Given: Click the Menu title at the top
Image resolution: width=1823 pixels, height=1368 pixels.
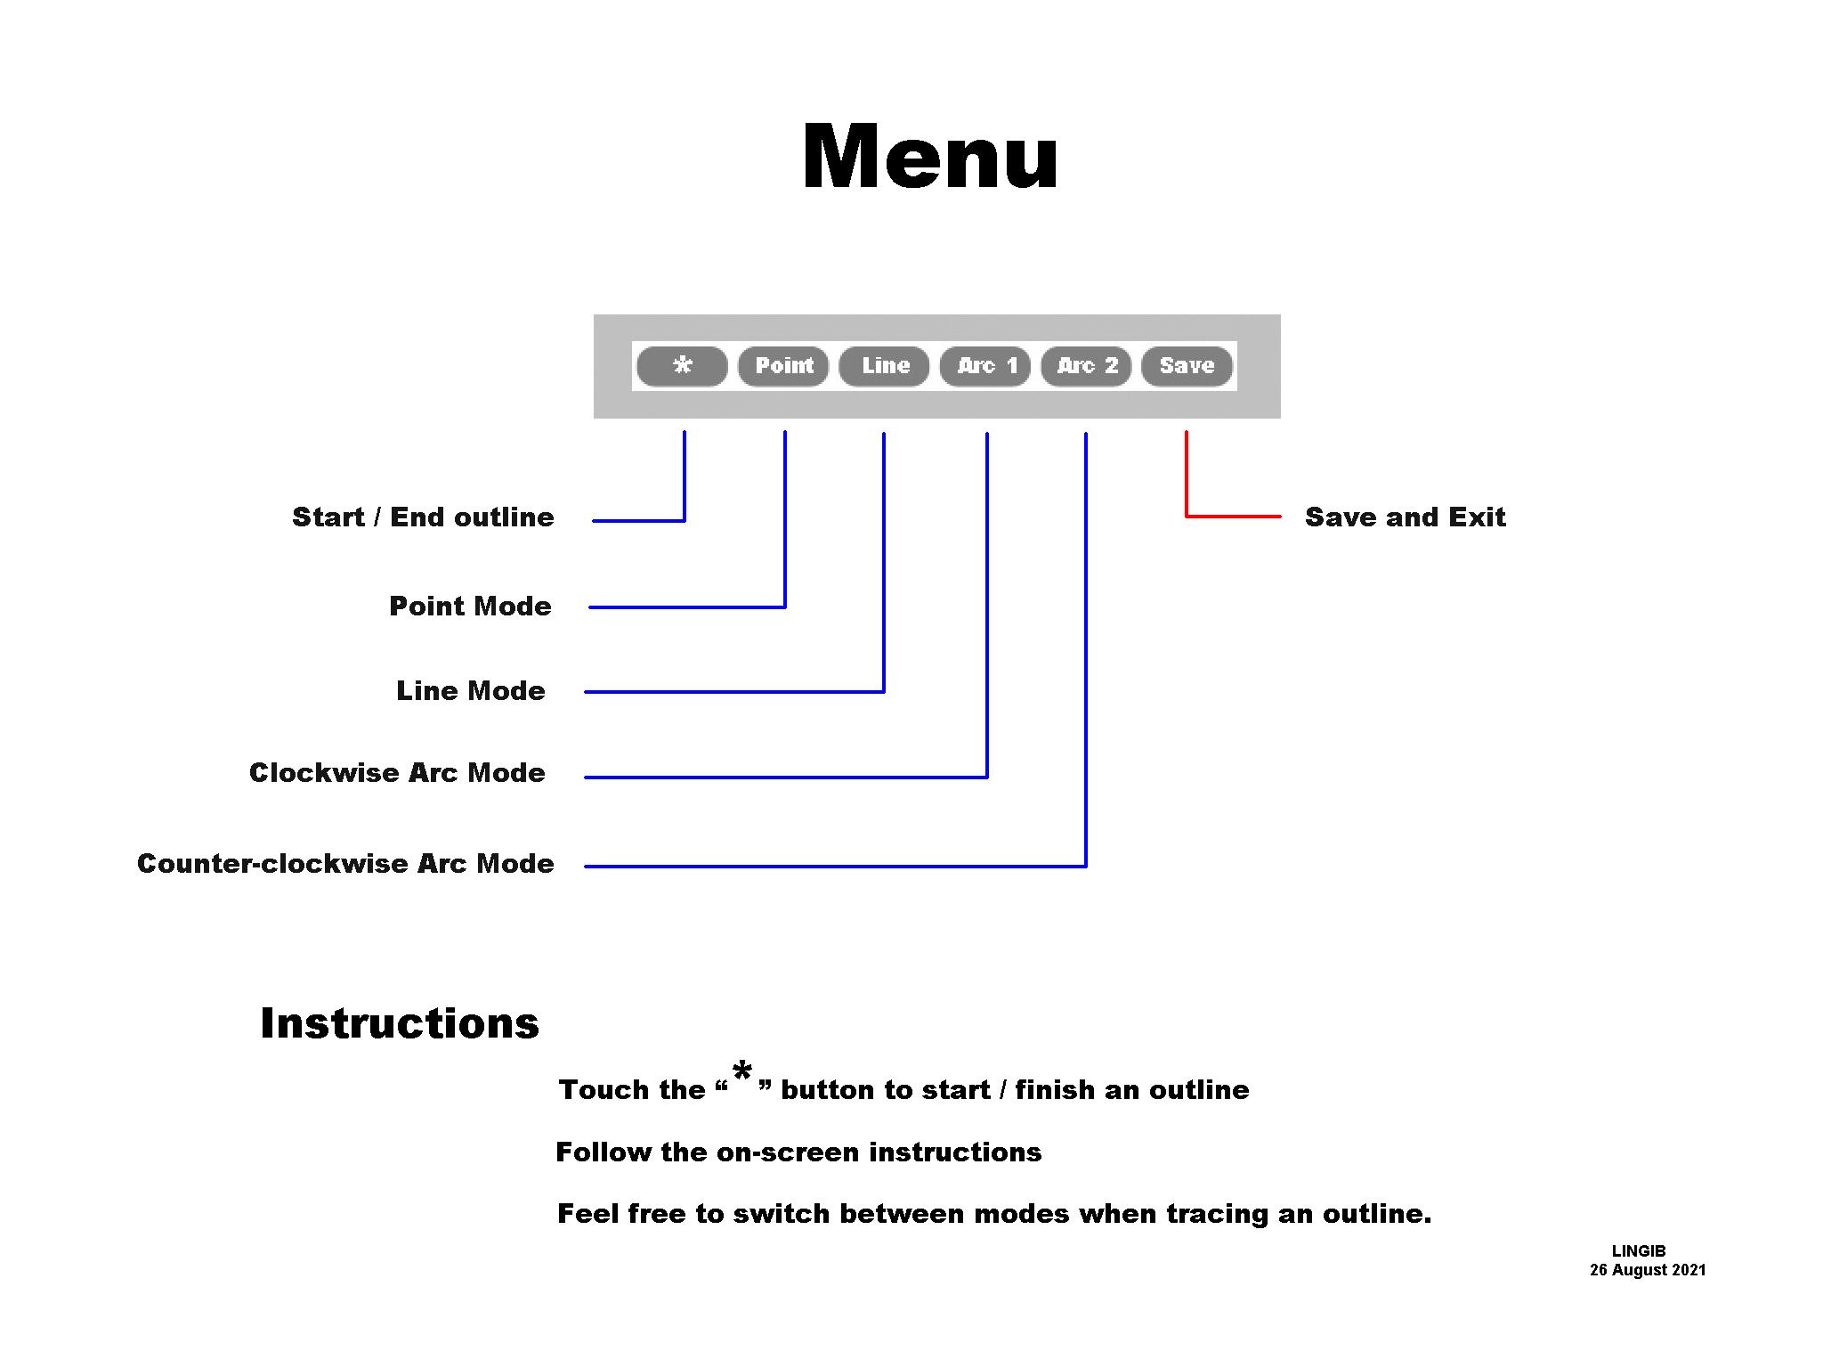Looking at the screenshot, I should (x=929, y=157).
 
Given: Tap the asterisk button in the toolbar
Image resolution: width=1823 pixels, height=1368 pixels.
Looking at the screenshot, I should (x=683, y=365).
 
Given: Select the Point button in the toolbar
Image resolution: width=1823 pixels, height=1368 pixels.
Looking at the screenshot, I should (x=783, y=365).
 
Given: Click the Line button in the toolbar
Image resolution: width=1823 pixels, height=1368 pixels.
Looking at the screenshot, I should (x=885, y=365).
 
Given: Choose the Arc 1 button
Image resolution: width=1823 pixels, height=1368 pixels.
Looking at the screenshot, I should (x=985, y=365).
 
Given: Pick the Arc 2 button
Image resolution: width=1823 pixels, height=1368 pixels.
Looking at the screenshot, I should (x=1086, y=365).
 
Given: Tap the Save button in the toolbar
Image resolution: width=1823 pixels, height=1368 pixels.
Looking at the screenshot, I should (x=1187, y=365).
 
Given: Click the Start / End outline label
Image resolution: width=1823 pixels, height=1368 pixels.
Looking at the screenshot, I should (x=423, y=517).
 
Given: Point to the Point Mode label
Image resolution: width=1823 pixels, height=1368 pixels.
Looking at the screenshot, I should (x=470, y=606).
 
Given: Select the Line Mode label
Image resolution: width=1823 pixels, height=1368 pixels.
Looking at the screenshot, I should (x=470, y=690).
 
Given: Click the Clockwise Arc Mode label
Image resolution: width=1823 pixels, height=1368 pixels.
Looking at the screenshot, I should (x=397, y=772).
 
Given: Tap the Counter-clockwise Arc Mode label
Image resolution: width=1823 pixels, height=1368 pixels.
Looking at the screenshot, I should (x=345, y=863).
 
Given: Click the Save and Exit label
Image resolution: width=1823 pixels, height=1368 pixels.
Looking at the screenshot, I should (x=1405, y=517).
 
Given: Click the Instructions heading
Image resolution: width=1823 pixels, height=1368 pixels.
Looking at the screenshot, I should (x=400, y=1022).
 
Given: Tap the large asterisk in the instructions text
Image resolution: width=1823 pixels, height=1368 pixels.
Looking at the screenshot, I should (x=742, y=1073).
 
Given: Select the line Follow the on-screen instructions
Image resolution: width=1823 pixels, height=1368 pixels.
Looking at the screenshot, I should (x=798, y=1152).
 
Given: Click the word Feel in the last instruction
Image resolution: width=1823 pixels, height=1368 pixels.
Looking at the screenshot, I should (x=587, y=1213).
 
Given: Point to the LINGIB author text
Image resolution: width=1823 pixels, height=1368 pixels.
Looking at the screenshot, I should (x=1638, y=1250).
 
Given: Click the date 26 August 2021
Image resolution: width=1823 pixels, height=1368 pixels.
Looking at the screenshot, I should (x=1648, y=1270).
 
